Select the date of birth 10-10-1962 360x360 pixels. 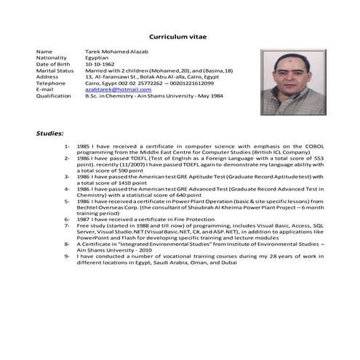click(99, 64)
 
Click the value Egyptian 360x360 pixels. click(97, 58)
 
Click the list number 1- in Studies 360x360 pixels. click(67, 145)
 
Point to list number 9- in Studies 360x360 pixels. click(67, 255)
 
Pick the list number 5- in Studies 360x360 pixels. click(67, 200)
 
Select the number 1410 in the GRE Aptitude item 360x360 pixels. click(132, 182)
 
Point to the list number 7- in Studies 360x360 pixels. click(67, 225)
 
